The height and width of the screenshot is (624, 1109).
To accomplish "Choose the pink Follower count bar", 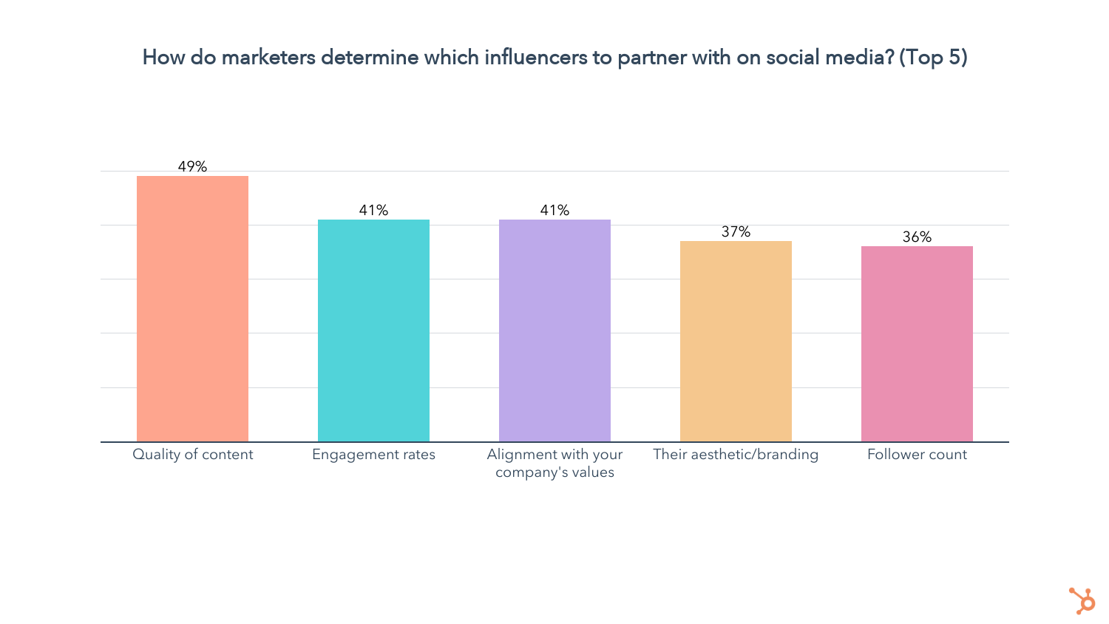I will (917, 344).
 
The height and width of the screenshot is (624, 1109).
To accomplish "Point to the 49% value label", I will (192, 166).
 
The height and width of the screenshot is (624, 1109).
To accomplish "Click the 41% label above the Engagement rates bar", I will (373, 210).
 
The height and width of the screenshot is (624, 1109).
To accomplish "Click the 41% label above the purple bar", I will (554, 210).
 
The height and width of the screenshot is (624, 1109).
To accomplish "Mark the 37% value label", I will (736, 231).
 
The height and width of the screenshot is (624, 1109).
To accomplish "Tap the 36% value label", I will (917, 237).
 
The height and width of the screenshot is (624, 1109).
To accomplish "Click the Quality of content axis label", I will (192, 455).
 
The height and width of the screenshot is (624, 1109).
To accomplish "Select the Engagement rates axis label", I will (373, 455).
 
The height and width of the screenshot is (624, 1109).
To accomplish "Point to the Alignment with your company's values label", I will (554, 464).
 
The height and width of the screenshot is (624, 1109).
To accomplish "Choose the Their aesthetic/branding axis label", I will (736, 455).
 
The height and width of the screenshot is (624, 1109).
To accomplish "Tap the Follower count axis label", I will (917, 455).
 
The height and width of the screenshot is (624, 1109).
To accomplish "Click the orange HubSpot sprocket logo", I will (1082, 600).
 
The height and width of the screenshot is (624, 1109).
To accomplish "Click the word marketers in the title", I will (268, 57).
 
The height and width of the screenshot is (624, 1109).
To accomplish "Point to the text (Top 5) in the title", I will (933, 57).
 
